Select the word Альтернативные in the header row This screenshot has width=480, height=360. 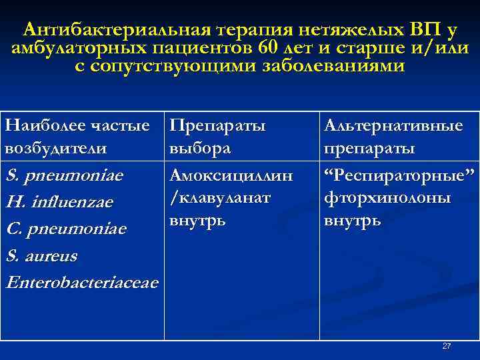(393, 125)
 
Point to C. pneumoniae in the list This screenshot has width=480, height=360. (65, 229)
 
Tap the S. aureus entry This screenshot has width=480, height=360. (41, 255)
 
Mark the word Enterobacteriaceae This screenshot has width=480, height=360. (82, 283)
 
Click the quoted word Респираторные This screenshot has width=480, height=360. (398, 176)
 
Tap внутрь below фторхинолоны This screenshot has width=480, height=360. (353, 220)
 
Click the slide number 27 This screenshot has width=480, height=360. (447, 346)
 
